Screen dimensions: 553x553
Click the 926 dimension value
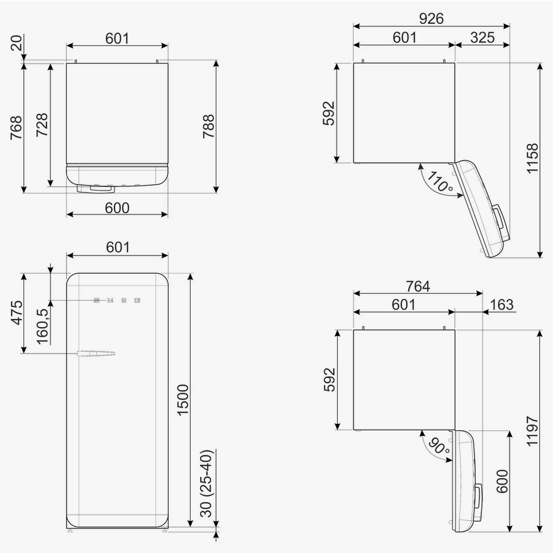(x=431, y=18)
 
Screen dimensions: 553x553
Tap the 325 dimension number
(x=482, y=37)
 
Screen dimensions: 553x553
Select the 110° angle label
(x=439, y=181)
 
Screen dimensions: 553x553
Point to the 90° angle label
(x=438, y=446)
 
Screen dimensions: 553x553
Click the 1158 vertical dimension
(x=532, y=159)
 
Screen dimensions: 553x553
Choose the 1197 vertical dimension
(x=532, y=431)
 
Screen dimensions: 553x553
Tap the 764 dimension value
(x=418, y=286)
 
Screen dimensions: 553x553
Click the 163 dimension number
(x=501, y=304)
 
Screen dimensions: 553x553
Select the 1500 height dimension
(x=182, y=400)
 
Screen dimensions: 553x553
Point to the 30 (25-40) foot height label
(x=206, y=483)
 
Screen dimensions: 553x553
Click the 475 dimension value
(x=16, y=313)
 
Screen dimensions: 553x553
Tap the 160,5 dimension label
(x=42, y=327)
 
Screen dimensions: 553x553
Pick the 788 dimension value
(x=208, y=126)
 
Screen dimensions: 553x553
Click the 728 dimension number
(x=42, y=125)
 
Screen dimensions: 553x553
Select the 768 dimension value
(x=16, y=128)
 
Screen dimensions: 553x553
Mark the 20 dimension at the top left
(x=16, y=43)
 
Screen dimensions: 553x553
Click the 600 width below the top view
(x=117, y=208)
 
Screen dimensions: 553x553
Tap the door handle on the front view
(x=96, y=354)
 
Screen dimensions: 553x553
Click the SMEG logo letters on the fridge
(x=117, y=301)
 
